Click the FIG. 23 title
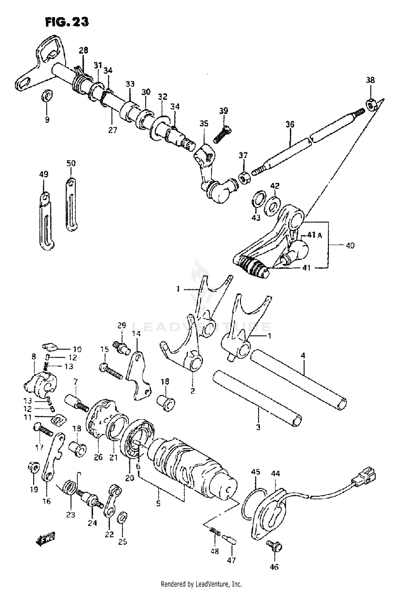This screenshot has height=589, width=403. (67, 22)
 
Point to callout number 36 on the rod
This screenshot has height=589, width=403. (290, 125)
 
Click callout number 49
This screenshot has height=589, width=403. (44, 174)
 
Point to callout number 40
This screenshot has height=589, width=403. (350, 245)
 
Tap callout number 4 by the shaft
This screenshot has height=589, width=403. (303, 356)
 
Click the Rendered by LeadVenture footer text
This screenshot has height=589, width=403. (201, 584)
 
